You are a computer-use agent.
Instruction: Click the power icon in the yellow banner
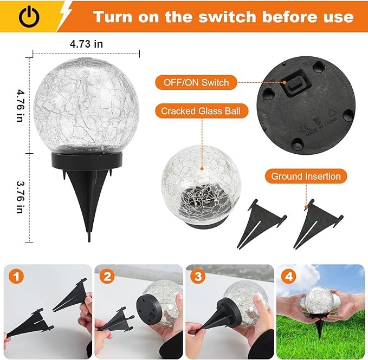(29, 16)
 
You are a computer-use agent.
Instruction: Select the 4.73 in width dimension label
(86, 44)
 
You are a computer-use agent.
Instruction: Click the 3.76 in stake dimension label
(20, 197)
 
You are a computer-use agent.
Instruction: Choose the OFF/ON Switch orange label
(196, 82)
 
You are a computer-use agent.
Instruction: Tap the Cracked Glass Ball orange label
(202, 110)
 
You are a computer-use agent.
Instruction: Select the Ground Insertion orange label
(306, 176)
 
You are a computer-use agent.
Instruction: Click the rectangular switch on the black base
(295, 86)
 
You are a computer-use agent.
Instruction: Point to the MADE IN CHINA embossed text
(321, 128)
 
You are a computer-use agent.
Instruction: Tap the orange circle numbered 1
(16, 277)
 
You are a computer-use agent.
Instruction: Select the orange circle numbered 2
(107, 277)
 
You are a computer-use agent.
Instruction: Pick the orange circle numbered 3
(198, 277)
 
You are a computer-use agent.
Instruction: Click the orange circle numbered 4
(289, 277)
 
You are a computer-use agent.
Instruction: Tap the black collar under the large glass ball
(87, 161)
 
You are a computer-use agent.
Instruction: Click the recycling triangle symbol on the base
(332, 113)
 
